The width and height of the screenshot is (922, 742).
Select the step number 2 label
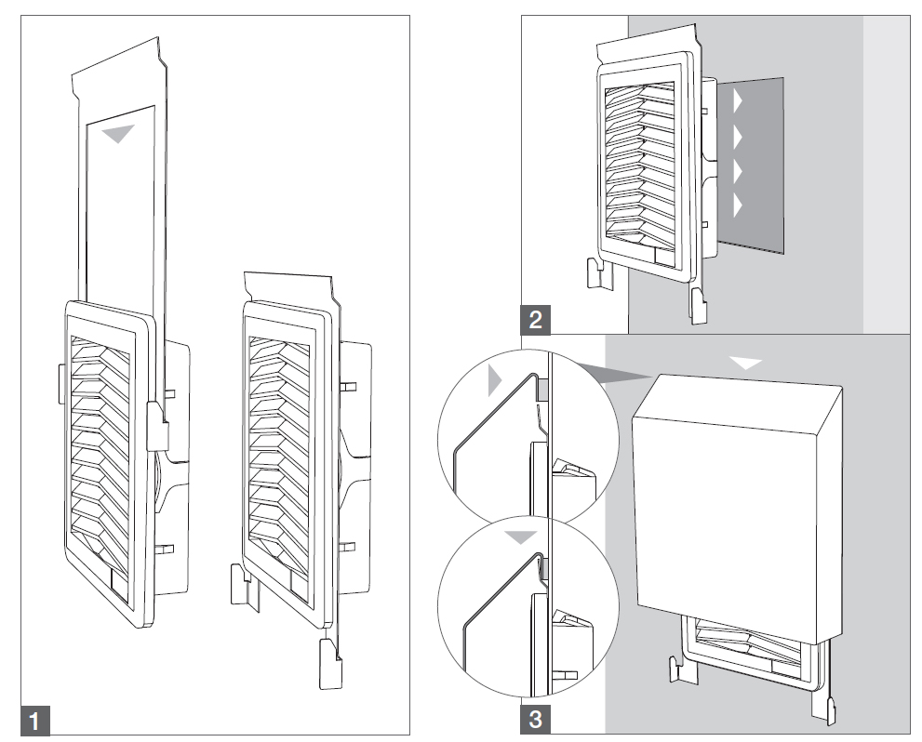click(x=534, y=320)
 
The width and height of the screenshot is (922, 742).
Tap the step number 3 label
click(x=534, y=720)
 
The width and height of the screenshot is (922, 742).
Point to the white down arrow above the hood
click(x=746, y=363)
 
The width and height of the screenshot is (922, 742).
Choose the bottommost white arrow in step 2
click(x=739, y=205)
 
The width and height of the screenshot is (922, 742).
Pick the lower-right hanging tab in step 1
click(x=329, y=663)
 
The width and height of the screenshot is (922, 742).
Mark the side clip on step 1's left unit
click(x=156, y=424)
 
